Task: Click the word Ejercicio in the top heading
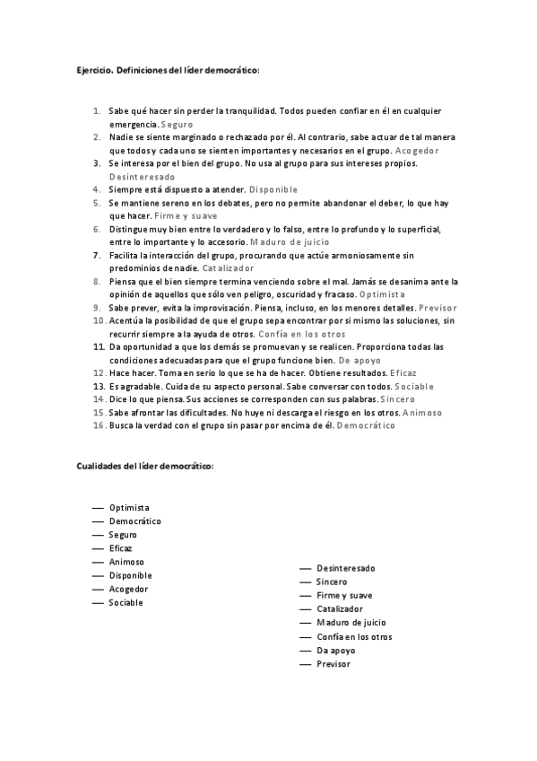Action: pos(91,70)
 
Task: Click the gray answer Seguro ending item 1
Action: pos(177,124)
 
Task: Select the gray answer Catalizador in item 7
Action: pos(228,268)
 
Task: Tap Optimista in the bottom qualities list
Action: pos(129,507)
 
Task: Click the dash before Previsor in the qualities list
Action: pos(306,664)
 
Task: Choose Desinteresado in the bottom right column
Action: pos(345,568)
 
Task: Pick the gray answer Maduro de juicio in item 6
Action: pos(290,242)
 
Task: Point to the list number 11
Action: pos(100,346)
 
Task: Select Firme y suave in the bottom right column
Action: pos(344,596)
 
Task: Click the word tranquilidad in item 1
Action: pos(238,110)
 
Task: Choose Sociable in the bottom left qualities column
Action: pos(126,603)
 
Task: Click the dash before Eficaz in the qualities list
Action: pos(98,548)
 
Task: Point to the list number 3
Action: pos(97,163)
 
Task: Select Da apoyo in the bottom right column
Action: pos(336,651)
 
